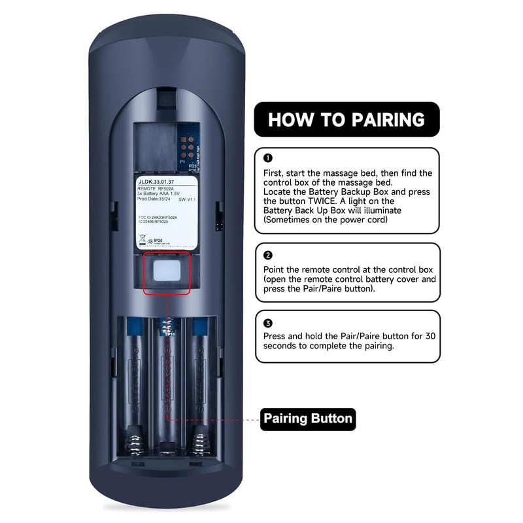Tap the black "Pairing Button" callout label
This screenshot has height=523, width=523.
pos(308,418)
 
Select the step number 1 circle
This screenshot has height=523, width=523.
pos(267,158)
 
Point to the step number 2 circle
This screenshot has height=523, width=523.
pos(267,255)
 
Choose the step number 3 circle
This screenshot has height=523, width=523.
pos(267,323)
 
